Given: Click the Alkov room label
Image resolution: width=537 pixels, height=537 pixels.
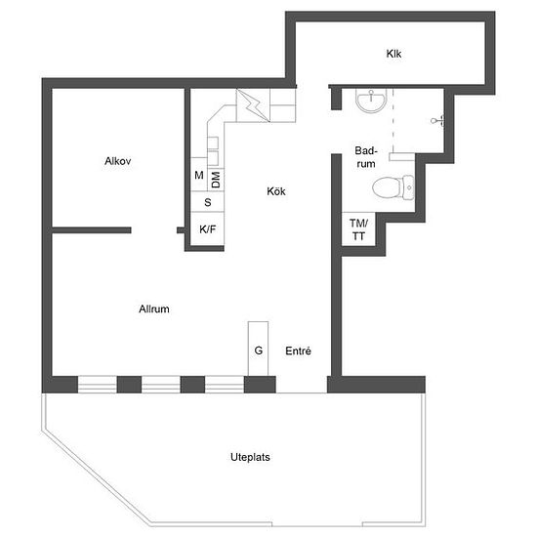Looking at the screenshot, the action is (x=118, y=161).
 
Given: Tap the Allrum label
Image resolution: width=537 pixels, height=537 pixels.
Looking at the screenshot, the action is (x=154, y=309).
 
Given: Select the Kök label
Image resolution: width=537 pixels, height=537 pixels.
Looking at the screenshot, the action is (x=276, y=191).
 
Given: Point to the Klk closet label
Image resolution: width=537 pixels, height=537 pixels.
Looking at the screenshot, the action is (x=393, y=54).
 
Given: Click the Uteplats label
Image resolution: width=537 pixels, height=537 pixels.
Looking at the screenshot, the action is (x=250, y=457).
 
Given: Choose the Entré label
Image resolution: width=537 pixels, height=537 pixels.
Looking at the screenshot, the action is (x=299, y=351).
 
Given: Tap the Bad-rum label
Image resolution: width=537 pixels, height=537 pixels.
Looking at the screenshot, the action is (x=366, y=157).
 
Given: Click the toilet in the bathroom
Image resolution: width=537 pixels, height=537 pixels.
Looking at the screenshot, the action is (x=393, y=187).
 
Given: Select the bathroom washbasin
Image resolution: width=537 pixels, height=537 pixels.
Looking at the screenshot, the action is (x=371, y=100).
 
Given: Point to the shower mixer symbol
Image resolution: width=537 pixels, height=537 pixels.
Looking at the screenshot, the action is (x=438, y=120).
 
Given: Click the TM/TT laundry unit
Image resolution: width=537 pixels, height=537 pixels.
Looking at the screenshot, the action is (x=358, y=229).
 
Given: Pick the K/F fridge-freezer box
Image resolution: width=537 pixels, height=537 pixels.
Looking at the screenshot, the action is (x=208, y=228).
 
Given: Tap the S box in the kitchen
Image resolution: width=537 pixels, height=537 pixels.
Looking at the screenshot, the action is (x=208, y=202).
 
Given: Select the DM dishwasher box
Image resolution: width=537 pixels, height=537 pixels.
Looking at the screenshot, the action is (x=216, y=180).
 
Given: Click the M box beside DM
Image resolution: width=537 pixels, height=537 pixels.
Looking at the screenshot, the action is (x=199, y=175).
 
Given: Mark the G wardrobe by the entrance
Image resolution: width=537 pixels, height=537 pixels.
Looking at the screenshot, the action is (x=258, y=349).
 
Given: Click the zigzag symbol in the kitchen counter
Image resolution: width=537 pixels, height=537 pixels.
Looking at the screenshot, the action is (x=253, y=105).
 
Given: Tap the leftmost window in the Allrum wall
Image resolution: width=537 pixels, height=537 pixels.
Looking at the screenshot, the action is (x=98, y=385).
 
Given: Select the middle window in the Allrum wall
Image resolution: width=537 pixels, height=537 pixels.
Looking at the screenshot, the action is (x=161, y=385).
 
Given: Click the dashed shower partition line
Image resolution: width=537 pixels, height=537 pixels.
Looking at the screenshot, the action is (x=392, y=121).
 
